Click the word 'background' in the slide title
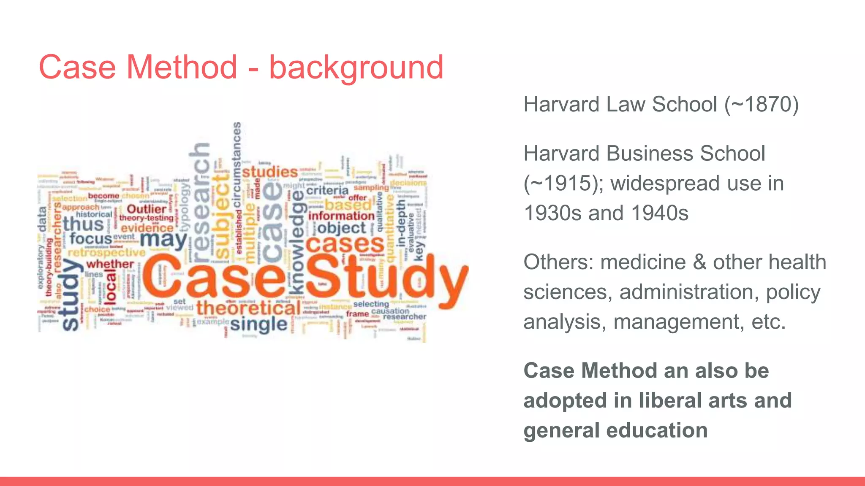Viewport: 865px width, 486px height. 356,67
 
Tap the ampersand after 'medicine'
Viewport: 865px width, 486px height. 699,262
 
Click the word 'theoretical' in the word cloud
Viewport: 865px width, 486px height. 249,308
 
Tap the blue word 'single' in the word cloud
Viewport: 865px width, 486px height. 258,324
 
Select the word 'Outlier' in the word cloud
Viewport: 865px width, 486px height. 147,209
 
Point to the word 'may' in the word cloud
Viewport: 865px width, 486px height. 163,240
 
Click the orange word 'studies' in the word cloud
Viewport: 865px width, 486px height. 270,172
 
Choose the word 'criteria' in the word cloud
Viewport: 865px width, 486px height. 327,191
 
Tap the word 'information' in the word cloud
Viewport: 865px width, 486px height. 341,216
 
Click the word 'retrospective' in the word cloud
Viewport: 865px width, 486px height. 106,252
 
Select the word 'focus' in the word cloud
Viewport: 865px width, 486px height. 91,238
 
